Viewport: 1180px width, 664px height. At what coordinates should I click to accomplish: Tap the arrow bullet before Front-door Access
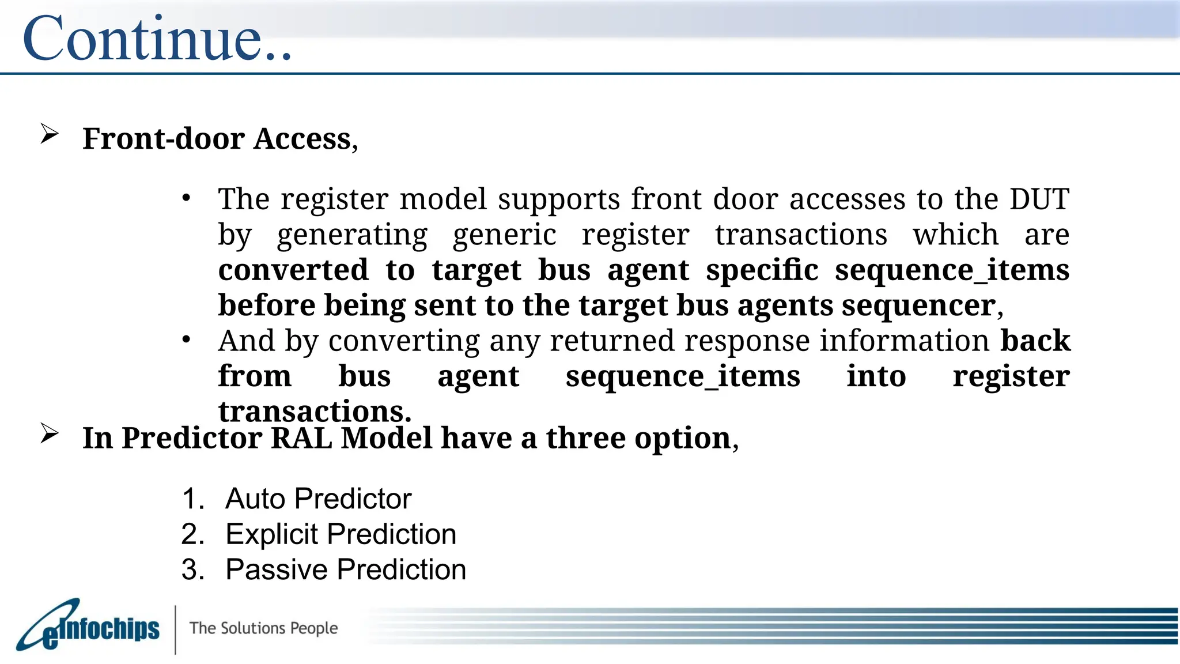point(50,135)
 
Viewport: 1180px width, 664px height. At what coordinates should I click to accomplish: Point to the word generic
point(504,235)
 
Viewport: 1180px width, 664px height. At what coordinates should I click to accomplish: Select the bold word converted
point(293,270)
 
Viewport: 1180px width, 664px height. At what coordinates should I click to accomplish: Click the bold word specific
point(762,270)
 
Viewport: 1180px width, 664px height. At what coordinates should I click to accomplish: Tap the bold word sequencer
point(918,305)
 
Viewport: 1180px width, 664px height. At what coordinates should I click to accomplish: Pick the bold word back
point(1035,341)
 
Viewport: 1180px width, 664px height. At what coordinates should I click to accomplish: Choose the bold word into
point(876,377)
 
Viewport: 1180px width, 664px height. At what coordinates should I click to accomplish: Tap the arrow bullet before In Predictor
point(50,434)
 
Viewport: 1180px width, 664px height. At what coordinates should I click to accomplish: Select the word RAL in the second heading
point(301,438)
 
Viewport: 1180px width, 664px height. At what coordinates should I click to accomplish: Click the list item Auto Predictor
point(318,499)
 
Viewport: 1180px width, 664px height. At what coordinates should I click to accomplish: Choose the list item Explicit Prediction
point(341,534)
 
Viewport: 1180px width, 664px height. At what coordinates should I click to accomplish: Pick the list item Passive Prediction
point(345,570)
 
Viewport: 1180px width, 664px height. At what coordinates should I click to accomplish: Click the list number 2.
point(192,534)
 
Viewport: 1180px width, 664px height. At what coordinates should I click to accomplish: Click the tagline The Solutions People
point(263,628)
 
